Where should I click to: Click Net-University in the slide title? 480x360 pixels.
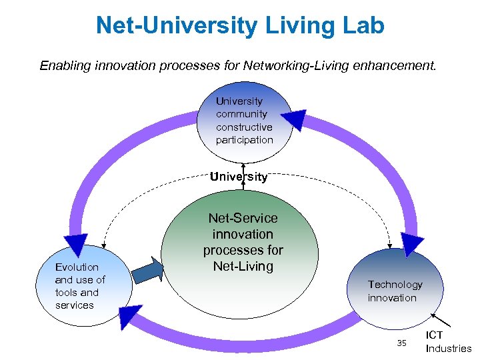175,25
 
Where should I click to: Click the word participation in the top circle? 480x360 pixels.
244,140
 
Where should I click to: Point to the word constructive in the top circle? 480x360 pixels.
244,127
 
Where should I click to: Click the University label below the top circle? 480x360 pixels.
239,177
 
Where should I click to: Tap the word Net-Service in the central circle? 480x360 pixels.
243,218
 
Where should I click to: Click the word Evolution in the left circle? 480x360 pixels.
77,267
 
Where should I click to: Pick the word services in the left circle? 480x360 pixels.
75,305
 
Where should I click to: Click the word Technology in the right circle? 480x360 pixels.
395,285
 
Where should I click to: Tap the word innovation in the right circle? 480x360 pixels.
392,298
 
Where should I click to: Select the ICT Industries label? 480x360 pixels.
447,341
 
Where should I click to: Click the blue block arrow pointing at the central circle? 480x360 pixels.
148,272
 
